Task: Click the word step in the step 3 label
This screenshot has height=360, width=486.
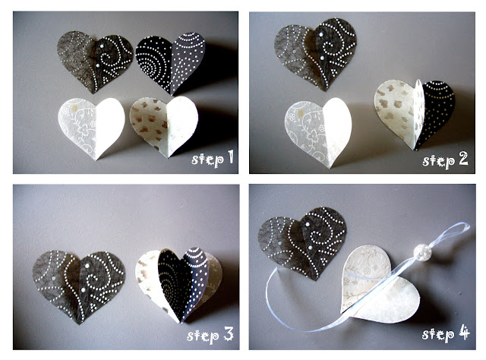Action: pos(203,336)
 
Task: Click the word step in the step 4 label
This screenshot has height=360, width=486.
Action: pos(438,334)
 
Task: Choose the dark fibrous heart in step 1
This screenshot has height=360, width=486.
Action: pos(95,62)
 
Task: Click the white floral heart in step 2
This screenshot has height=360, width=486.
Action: pos(318,132)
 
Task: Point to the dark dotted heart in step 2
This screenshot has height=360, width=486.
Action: pos(316,53)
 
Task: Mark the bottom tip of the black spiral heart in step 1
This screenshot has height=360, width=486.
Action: pos(172,95)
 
